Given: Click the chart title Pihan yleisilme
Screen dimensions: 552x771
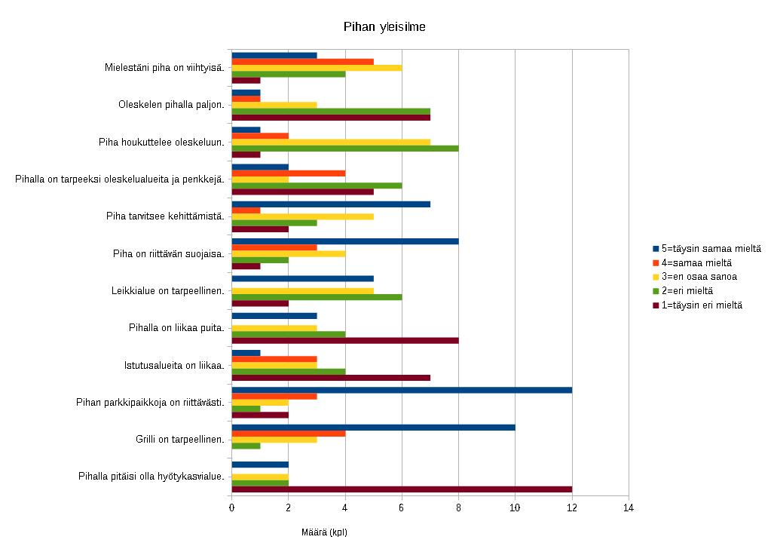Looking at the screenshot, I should click(385, 27).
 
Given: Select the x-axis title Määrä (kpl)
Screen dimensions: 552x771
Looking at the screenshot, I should click(324, 532).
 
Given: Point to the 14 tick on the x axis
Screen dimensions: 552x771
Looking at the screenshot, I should click(629, 508).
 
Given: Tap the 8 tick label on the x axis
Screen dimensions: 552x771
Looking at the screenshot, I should click(458, 508).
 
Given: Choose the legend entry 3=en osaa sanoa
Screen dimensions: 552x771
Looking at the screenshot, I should click(699, 277).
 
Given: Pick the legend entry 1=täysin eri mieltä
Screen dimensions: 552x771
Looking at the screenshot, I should click(702, 305).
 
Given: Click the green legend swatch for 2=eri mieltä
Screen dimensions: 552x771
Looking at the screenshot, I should click(656, 291).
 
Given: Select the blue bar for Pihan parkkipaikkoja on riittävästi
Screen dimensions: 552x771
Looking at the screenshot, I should click(402, 390).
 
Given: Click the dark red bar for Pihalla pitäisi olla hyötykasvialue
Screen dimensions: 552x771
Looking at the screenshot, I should click(402, 489).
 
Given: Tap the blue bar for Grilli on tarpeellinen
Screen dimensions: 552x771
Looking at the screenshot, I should click(373, 427).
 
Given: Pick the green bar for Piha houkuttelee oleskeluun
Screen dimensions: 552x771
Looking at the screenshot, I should click(344, 149).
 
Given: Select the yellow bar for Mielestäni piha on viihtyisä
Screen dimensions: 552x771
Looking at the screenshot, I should click(317, 68).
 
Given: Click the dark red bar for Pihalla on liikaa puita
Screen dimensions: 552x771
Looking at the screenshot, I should click(344, 340).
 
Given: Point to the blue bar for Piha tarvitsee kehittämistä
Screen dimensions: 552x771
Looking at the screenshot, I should click(331, 204).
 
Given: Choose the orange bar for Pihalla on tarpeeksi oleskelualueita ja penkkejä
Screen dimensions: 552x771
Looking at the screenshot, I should click(288, 173).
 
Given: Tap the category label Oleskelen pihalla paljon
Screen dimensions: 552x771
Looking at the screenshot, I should click(171, 105).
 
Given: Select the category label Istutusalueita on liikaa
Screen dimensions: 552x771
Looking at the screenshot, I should click(174, 365).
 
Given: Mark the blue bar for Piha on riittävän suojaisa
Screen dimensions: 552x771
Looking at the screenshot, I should click(344, 241).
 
